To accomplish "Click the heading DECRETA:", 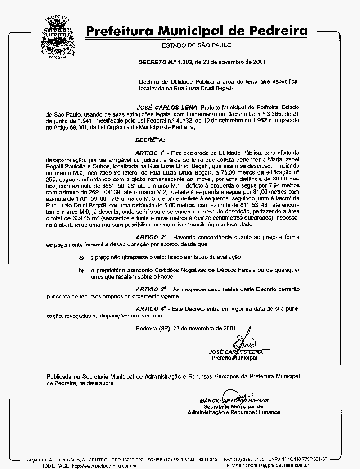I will pyautogui.click(x=150, y=140).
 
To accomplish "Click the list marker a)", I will pyautogui.click(x=81, y=257).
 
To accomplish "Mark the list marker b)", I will pyautogui.click(x=81, y=270).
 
